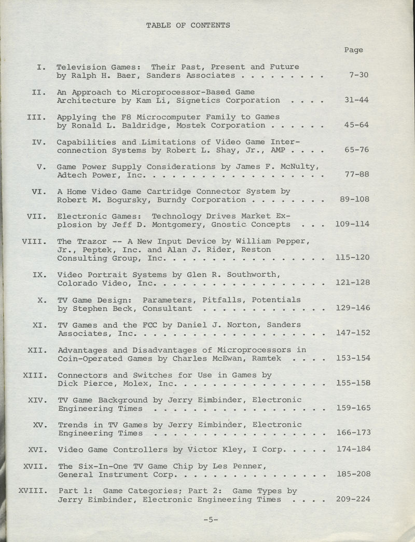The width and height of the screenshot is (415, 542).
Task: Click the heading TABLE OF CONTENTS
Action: coord(188,25)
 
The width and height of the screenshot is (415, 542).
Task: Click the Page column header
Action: coord(353,50)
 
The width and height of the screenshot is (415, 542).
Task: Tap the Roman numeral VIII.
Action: coord(35,241)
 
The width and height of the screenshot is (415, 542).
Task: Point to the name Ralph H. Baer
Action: coord(98,75)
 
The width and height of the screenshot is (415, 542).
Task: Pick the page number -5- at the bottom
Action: coord(211,519)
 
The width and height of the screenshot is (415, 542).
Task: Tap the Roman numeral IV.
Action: coord(39,142)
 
